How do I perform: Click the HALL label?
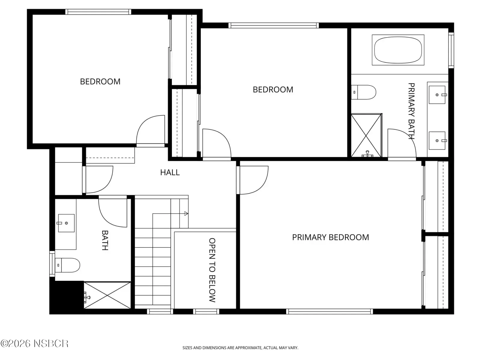pos(170,172)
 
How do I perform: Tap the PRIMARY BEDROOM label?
pos(330,237)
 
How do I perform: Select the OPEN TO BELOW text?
pos(212,270)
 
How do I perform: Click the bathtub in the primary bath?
pos(398,50)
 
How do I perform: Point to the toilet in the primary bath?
pos(363,92)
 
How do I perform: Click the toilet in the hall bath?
pos(67,265)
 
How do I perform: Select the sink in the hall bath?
pos(66,223)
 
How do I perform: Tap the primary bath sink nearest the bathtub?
pos(437,94)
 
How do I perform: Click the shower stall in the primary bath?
pos(366,135)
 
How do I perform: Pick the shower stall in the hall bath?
pos(107,295)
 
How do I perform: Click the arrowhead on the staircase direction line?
pos(186,214)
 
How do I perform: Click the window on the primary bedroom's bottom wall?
pos(329,311)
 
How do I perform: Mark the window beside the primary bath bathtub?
pos(451,50)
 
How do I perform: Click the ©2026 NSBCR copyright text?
pos(34,343)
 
